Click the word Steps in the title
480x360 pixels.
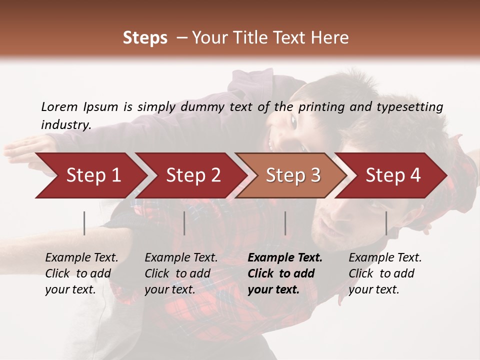point(145,38)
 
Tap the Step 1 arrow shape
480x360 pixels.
point(90,175)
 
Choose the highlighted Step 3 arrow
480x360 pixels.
point(292,175)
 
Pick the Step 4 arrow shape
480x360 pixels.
point(393,175)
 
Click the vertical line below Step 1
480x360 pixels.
point(84,223)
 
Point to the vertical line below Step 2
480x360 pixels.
point(184,223)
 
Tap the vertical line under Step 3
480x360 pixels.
point(285,223)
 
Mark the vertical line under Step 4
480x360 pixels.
point(386,223)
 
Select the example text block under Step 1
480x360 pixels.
point(81,273)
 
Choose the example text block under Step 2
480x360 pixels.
point(181,273)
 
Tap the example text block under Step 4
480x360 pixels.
point(385,273)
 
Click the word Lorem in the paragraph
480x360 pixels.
point(59,107)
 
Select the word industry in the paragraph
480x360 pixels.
point(65,124)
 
